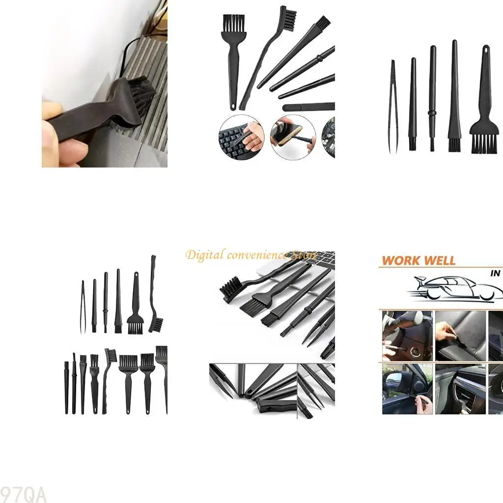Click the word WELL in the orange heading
pyautogui.click(x=438, y=260)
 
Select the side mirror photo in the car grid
pyautogui.click(x=407, y=389)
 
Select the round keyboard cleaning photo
pyautogui.click(x=241, y=137)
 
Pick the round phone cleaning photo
pyautogui.click(x=293, y=137)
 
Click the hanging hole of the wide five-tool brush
pyautogui.click(x=486, y=50)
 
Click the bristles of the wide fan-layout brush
pyautogui.click(x=234, y=22)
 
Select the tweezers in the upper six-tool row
pyautogui.click(x=83, y=307)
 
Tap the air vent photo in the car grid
pyautogui.click(x=460, y=389)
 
